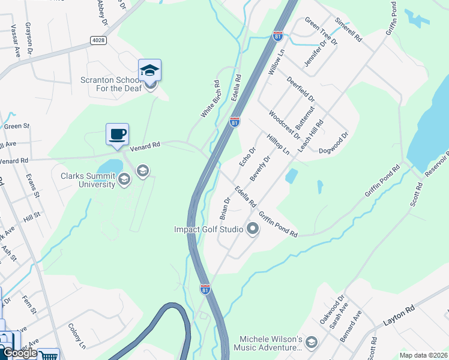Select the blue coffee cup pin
117,134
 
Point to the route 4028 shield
98,40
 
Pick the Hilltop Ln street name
278,145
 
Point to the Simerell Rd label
349,28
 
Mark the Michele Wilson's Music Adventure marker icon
311,343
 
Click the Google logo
19,353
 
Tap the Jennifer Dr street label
314,53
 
